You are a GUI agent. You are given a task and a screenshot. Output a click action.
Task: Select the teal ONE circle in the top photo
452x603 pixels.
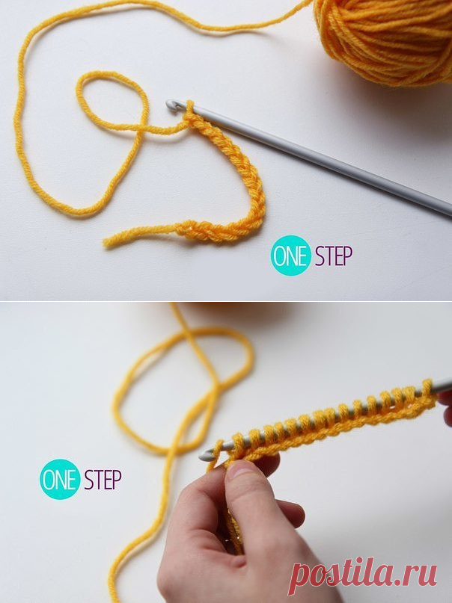[x=290, y=256]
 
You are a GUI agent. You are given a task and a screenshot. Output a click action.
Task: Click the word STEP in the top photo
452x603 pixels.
[x=334, y=256]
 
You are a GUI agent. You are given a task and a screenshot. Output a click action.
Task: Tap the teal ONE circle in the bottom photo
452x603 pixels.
[x=60, y=479]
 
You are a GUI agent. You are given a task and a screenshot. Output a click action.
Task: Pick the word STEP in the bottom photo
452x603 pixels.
[x=103, y=479]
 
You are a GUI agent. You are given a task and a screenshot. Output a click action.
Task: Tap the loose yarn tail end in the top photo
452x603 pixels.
[x=107, y=242]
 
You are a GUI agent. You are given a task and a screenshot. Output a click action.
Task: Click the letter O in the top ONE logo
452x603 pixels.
[x=279, y=256]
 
